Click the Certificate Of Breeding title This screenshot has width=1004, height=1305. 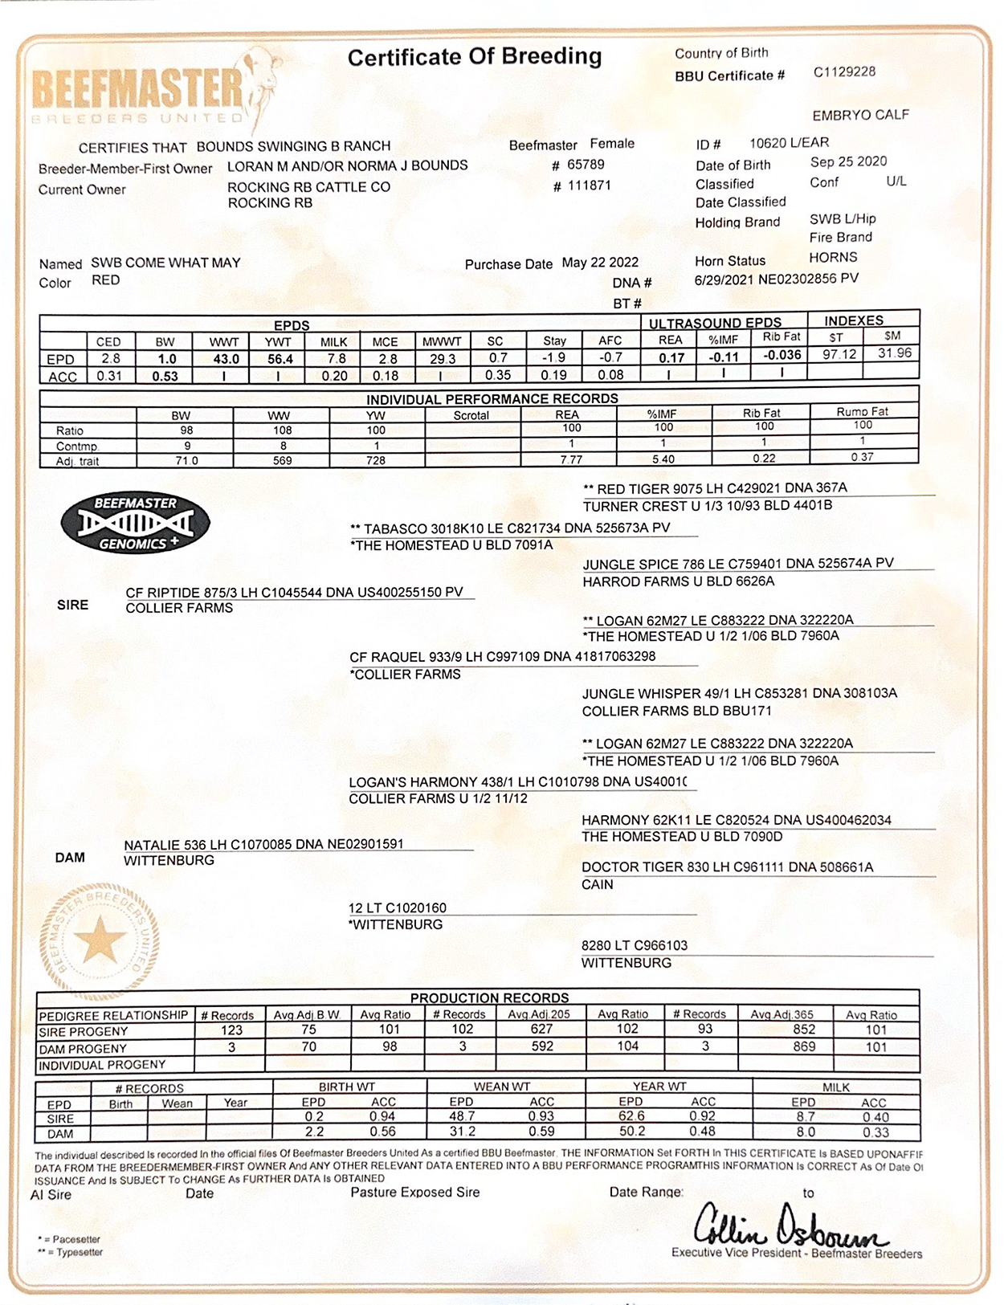tap(474, 57)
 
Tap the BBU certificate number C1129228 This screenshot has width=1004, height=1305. tap(844, 72)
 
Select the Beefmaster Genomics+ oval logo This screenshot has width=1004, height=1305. tap(136, 523)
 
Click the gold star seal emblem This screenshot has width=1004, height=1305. tap(100, 940)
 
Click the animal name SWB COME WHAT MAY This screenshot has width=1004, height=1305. tap(165, 263)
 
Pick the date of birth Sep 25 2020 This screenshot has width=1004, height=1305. tap(848, 161)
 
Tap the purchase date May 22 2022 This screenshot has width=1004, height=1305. tap(600, 263)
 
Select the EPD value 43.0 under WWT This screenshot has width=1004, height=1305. tap(226, 360)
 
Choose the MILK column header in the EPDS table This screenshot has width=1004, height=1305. tap(333, 342)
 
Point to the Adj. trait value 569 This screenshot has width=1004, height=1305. tap(282, 461)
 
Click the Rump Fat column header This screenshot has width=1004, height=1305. tap(862, 412)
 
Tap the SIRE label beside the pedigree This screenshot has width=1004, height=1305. tap(72, 605)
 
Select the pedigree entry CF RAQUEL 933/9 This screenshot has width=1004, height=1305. tap(502, 657)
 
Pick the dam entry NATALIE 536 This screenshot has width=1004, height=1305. tap(263, 844)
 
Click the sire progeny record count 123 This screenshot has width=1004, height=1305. tap(231, 1030)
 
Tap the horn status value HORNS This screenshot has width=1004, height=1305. tap(833, 258)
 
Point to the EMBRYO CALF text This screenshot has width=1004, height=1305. tap(860, 115)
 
